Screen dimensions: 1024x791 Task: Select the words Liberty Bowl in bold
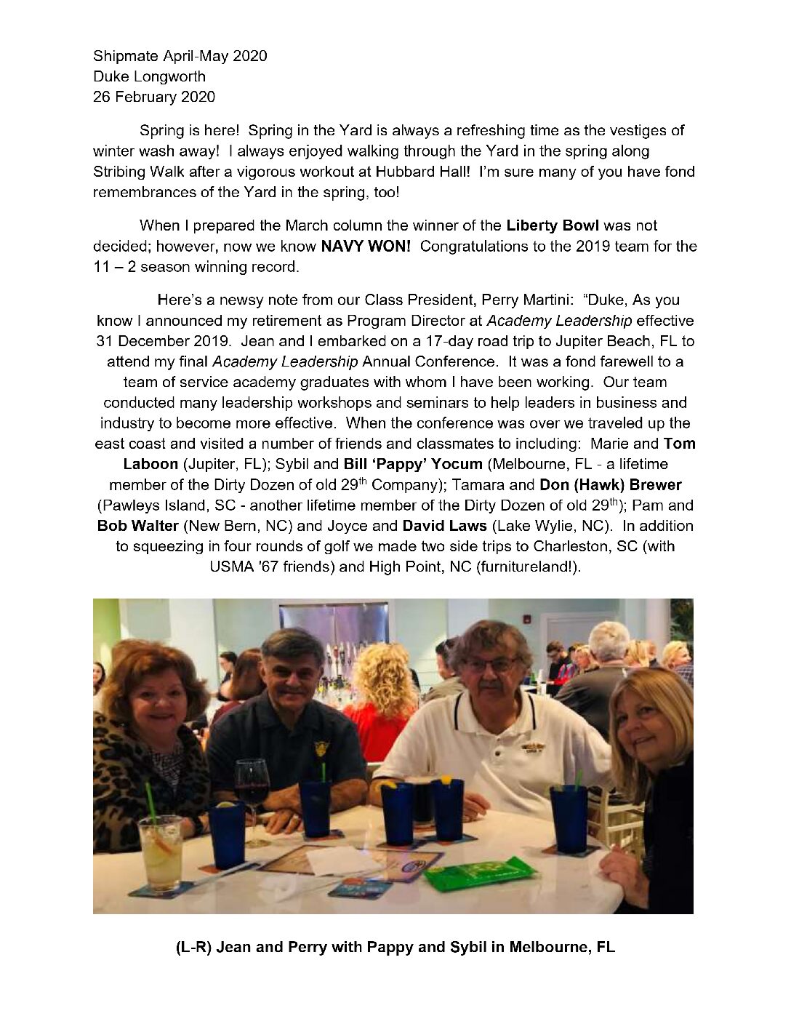click(x=553, y=225)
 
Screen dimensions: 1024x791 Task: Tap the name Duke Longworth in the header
click(x=149, y=76)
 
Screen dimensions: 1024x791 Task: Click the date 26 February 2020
click(x=153, y=96)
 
